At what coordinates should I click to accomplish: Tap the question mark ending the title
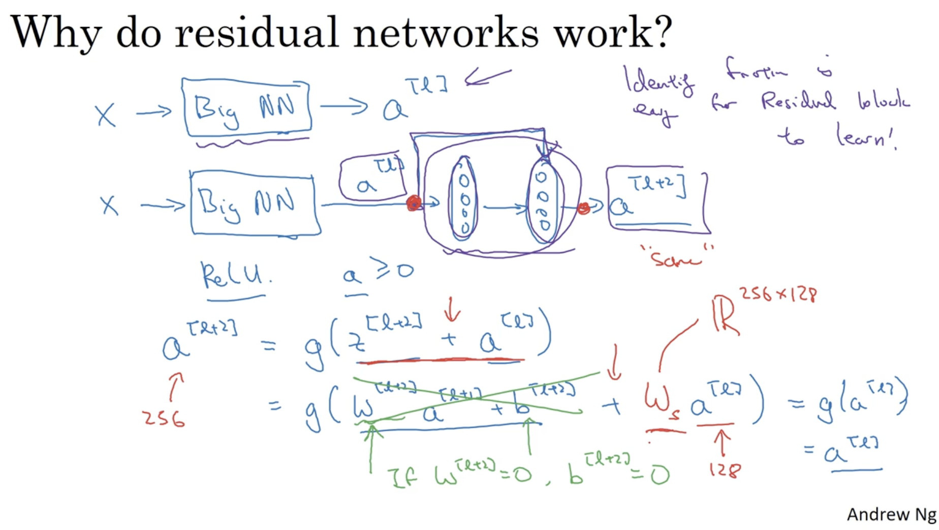point(661,32)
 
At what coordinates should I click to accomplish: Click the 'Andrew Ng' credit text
point(891,514)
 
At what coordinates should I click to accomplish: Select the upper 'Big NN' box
point(246,108)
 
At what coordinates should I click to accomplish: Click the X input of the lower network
point(109,205)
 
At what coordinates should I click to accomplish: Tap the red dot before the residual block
point(414,203)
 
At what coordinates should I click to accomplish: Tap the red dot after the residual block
point(583,208)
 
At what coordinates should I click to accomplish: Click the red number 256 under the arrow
point(164,418)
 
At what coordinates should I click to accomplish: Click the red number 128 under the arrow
point(725,469)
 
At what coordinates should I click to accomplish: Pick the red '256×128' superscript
point(777,294)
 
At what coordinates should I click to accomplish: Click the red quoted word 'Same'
point(676,258)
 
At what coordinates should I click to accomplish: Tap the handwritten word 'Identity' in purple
point(659,81)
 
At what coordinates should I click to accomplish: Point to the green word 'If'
point(402,477)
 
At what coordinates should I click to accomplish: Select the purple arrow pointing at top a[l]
point(487,77)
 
